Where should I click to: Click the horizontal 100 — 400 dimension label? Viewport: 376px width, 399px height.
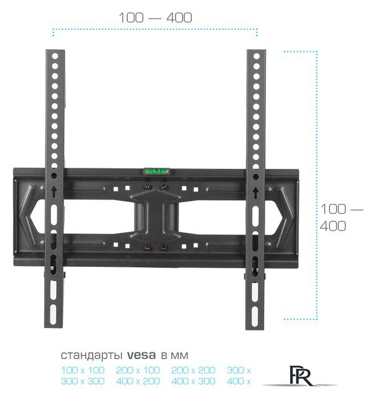pos(156,17)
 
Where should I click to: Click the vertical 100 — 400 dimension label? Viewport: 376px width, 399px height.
pos(341,218)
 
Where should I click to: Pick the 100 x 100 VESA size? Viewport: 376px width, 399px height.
pos(83,370)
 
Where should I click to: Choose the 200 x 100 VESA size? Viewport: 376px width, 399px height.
pos(138,370)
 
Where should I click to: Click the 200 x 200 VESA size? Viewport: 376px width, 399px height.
pos(193,370)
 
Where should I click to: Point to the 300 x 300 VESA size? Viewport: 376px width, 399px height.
pos(83,381)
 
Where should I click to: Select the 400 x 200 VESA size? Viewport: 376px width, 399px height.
pos(138,381)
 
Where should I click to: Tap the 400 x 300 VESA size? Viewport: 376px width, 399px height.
pos(193,381)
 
